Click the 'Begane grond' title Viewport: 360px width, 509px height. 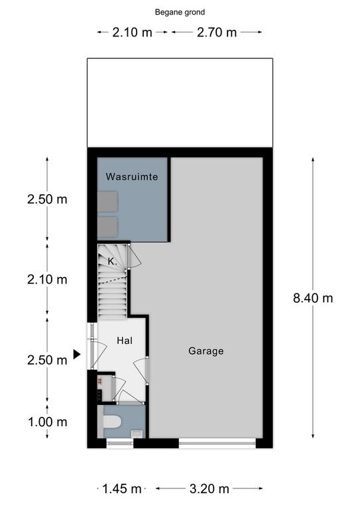(180, 13)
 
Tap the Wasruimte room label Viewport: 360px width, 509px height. (132, 176)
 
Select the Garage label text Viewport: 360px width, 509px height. (206, 351)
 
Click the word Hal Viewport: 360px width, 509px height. (125, 341)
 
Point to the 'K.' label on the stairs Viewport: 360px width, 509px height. (112, 262)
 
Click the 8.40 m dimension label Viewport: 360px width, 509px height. (313, 298)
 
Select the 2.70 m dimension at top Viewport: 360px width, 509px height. (217, 32)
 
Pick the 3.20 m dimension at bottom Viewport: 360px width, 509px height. (209, 488)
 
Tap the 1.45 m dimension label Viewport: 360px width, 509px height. (122, 488)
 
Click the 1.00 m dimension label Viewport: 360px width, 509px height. (47, 422)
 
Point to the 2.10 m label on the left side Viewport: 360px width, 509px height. (47, 280)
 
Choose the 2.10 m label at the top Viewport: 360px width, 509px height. (132, 32)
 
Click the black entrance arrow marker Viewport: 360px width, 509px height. (77, 354)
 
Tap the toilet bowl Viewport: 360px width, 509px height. (111, 422)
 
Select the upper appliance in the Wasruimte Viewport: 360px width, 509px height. (107, 201)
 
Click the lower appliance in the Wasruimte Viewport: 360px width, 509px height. (107, 227)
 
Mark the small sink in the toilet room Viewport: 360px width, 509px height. (137, 433)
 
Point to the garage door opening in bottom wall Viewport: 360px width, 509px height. (217, 443)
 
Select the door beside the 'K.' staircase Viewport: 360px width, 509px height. (133, 256)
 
